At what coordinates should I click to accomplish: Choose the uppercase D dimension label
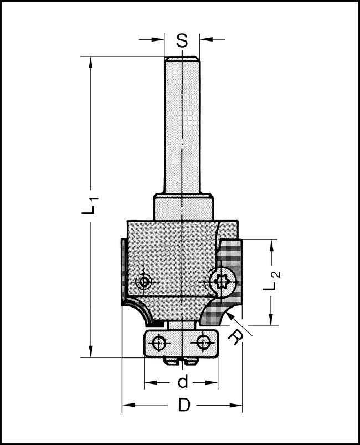[182, 406]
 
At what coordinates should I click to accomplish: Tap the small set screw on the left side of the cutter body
[145, 282]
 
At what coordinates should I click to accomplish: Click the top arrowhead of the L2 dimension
[271, 244]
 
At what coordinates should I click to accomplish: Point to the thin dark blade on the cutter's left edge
[121, 272]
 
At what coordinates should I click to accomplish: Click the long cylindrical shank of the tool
[182, 127]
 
